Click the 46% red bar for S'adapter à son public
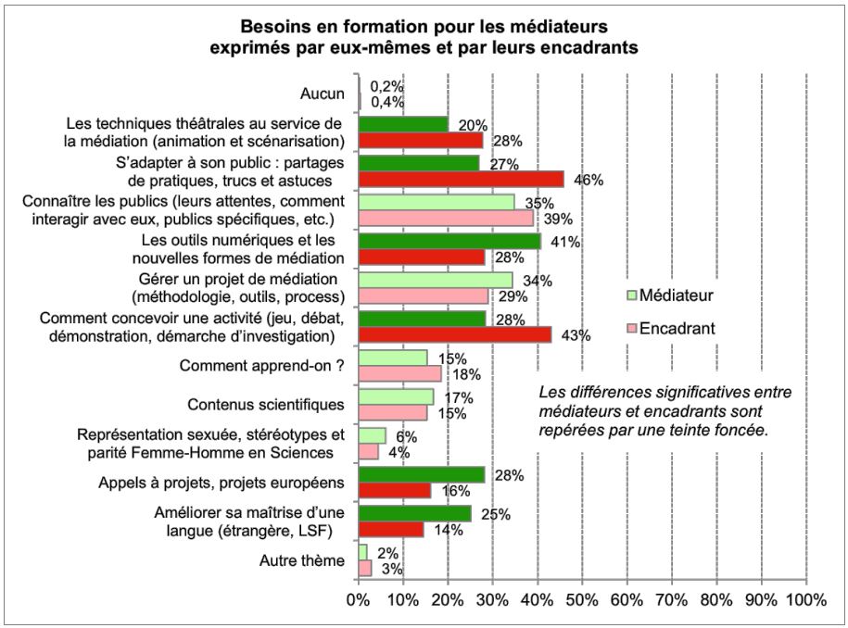tap(460, 180)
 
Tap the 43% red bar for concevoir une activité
tap(453, 335)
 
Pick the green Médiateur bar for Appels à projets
tap(421, 475)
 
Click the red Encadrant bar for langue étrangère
tap(390, 530)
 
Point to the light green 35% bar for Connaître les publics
tap(436, 202)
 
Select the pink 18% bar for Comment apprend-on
tap(399, 373)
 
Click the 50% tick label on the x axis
tap(582, 600)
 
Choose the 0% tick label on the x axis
tap(357, 600)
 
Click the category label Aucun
tap(323, 94)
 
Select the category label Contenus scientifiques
tap(266, 405)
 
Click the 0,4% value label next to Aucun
tap(386, 101)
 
